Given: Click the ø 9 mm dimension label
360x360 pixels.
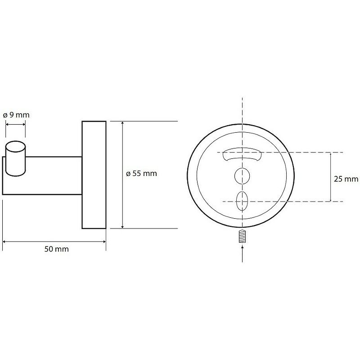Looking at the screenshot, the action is coord(16,115).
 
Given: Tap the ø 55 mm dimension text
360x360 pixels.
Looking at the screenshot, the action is coord(141,173).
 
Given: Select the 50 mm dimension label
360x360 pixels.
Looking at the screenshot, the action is coord(57,249).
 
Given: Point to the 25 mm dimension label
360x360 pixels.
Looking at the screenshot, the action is coord(346,179).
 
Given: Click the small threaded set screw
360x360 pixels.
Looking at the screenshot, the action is coord(242,236).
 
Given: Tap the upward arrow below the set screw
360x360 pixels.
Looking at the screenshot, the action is coord(243,254).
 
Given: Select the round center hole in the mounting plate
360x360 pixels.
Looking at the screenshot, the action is coord(242,176).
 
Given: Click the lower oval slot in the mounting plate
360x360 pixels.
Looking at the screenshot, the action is coord(242,201).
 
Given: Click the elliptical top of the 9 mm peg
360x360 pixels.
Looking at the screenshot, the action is coord(15,147).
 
